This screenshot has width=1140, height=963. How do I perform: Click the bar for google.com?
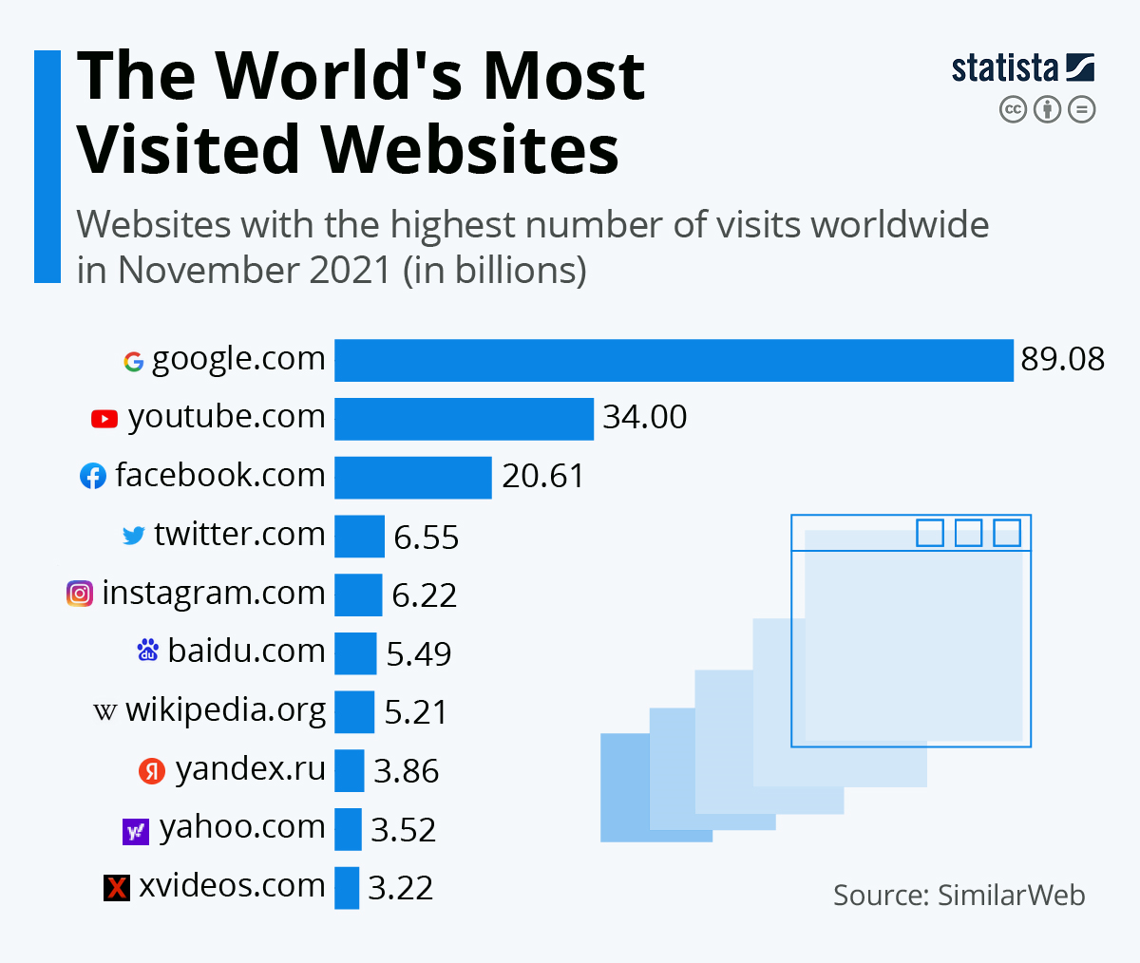(674, 361)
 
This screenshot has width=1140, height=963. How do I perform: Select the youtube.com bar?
(464, 419)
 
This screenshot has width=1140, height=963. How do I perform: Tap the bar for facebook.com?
(412, 477)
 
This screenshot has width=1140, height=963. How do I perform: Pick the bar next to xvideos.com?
(347, 888)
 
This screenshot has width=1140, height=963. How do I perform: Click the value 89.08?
(1062, 360)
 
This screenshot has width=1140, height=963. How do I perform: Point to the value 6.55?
(426, 538)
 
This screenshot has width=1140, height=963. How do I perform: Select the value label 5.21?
(415, 712)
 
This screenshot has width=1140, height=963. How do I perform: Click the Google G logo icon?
(134, 362)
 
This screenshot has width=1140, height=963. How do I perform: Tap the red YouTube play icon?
(104, 419)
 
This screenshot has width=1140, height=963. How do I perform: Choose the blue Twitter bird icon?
(134, 536)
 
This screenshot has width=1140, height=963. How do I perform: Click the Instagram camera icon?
(80, 594)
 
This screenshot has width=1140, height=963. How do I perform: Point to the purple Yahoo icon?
(136, 832)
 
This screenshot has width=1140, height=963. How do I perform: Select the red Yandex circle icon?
(152, 771)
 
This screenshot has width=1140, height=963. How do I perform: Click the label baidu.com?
(246, 651)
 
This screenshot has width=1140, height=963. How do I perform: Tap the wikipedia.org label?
(225, 710)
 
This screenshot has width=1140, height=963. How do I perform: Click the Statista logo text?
(1005, 68)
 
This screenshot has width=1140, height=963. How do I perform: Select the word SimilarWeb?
(1011, 896)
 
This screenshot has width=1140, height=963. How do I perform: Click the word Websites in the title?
(469, 150)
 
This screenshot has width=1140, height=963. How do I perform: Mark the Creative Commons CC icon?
(1014, 110)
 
